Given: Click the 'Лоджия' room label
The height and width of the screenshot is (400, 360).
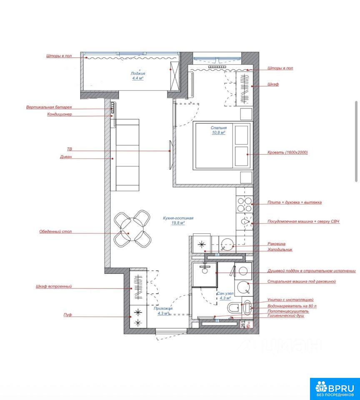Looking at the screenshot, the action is [138, 73].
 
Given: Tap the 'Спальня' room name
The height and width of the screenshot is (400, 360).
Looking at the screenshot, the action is [219, 128].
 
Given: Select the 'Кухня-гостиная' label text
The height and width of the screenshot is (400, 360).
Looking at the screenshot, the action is [178, 218].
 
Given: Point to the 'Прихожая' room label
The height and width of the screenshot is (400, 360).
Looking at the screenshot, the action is [163, 308].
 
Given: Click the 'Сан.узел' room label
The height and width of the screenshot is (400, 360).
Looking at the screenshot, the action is [225, 293].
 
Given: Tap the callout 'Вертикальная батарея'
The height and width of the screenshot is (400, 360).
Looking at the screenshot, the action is [49, 107].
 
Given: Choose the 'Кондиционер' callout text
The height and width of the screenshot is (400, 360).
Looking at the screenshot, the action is [60, 114].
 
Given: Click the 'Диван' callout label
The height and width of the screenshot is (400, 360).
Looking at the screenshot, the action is [66, 157].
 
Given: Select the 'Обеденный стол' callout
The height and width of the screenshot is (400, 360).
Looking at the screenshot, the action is [55, 232].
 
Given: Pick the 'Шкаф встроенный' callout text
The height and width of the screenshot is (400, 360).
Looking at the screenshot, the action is [54, 287].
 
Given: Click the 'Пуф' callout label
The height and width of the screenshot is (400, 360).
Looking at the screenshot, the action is [67, 315].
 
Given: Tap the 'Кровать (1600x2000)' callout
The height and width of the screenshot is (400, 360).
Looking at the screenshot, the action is [287, 152].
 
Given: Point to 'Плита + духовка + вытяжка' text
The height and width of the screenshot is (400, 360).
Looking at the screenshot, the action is [295, 202].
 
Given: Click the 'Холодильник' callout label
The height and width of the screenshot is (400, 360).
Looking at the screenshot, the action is [280, 250].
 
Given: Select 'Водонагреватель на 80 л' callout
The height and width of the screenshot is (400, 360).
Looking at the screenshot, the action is [292, 306].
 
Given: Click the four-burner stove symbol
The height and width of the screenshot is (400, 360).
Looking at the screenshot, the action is [245, 205].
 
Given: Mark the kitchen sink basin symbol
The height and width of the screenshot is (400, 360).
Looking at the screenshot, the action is [227, 244].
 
